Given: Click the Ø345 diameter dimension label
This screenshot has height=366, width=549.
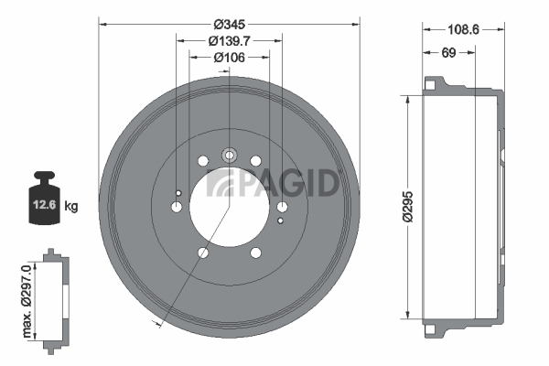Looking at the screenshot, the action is click(x=229, y=24).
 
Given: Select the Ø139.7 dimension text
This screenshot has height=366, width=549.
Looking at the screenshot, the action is click(x=230, y=41).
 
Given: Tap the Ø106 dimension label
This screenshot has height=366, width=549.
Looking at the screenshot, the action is click(x=230, y=57).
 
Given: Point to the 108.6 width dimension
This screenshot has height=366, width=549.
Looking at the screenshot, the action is click(x=463, y=30).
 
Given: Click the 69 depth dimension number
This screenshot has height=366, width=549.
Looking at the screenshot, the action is click(x=448, y=52).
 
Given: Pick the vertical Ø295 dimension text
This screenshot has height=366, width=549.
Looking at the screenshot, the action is click(x=408, y=207).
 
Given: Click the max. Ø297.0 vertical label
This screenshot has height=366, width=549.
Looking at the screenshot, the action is click(x=27, y=301).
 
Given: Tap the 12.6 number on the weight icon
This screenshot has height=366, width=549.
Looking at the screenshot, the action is click(x=45, y=204).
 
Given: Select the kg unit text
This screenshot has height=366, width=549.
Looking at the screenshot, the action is click(x=71, y=206).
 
